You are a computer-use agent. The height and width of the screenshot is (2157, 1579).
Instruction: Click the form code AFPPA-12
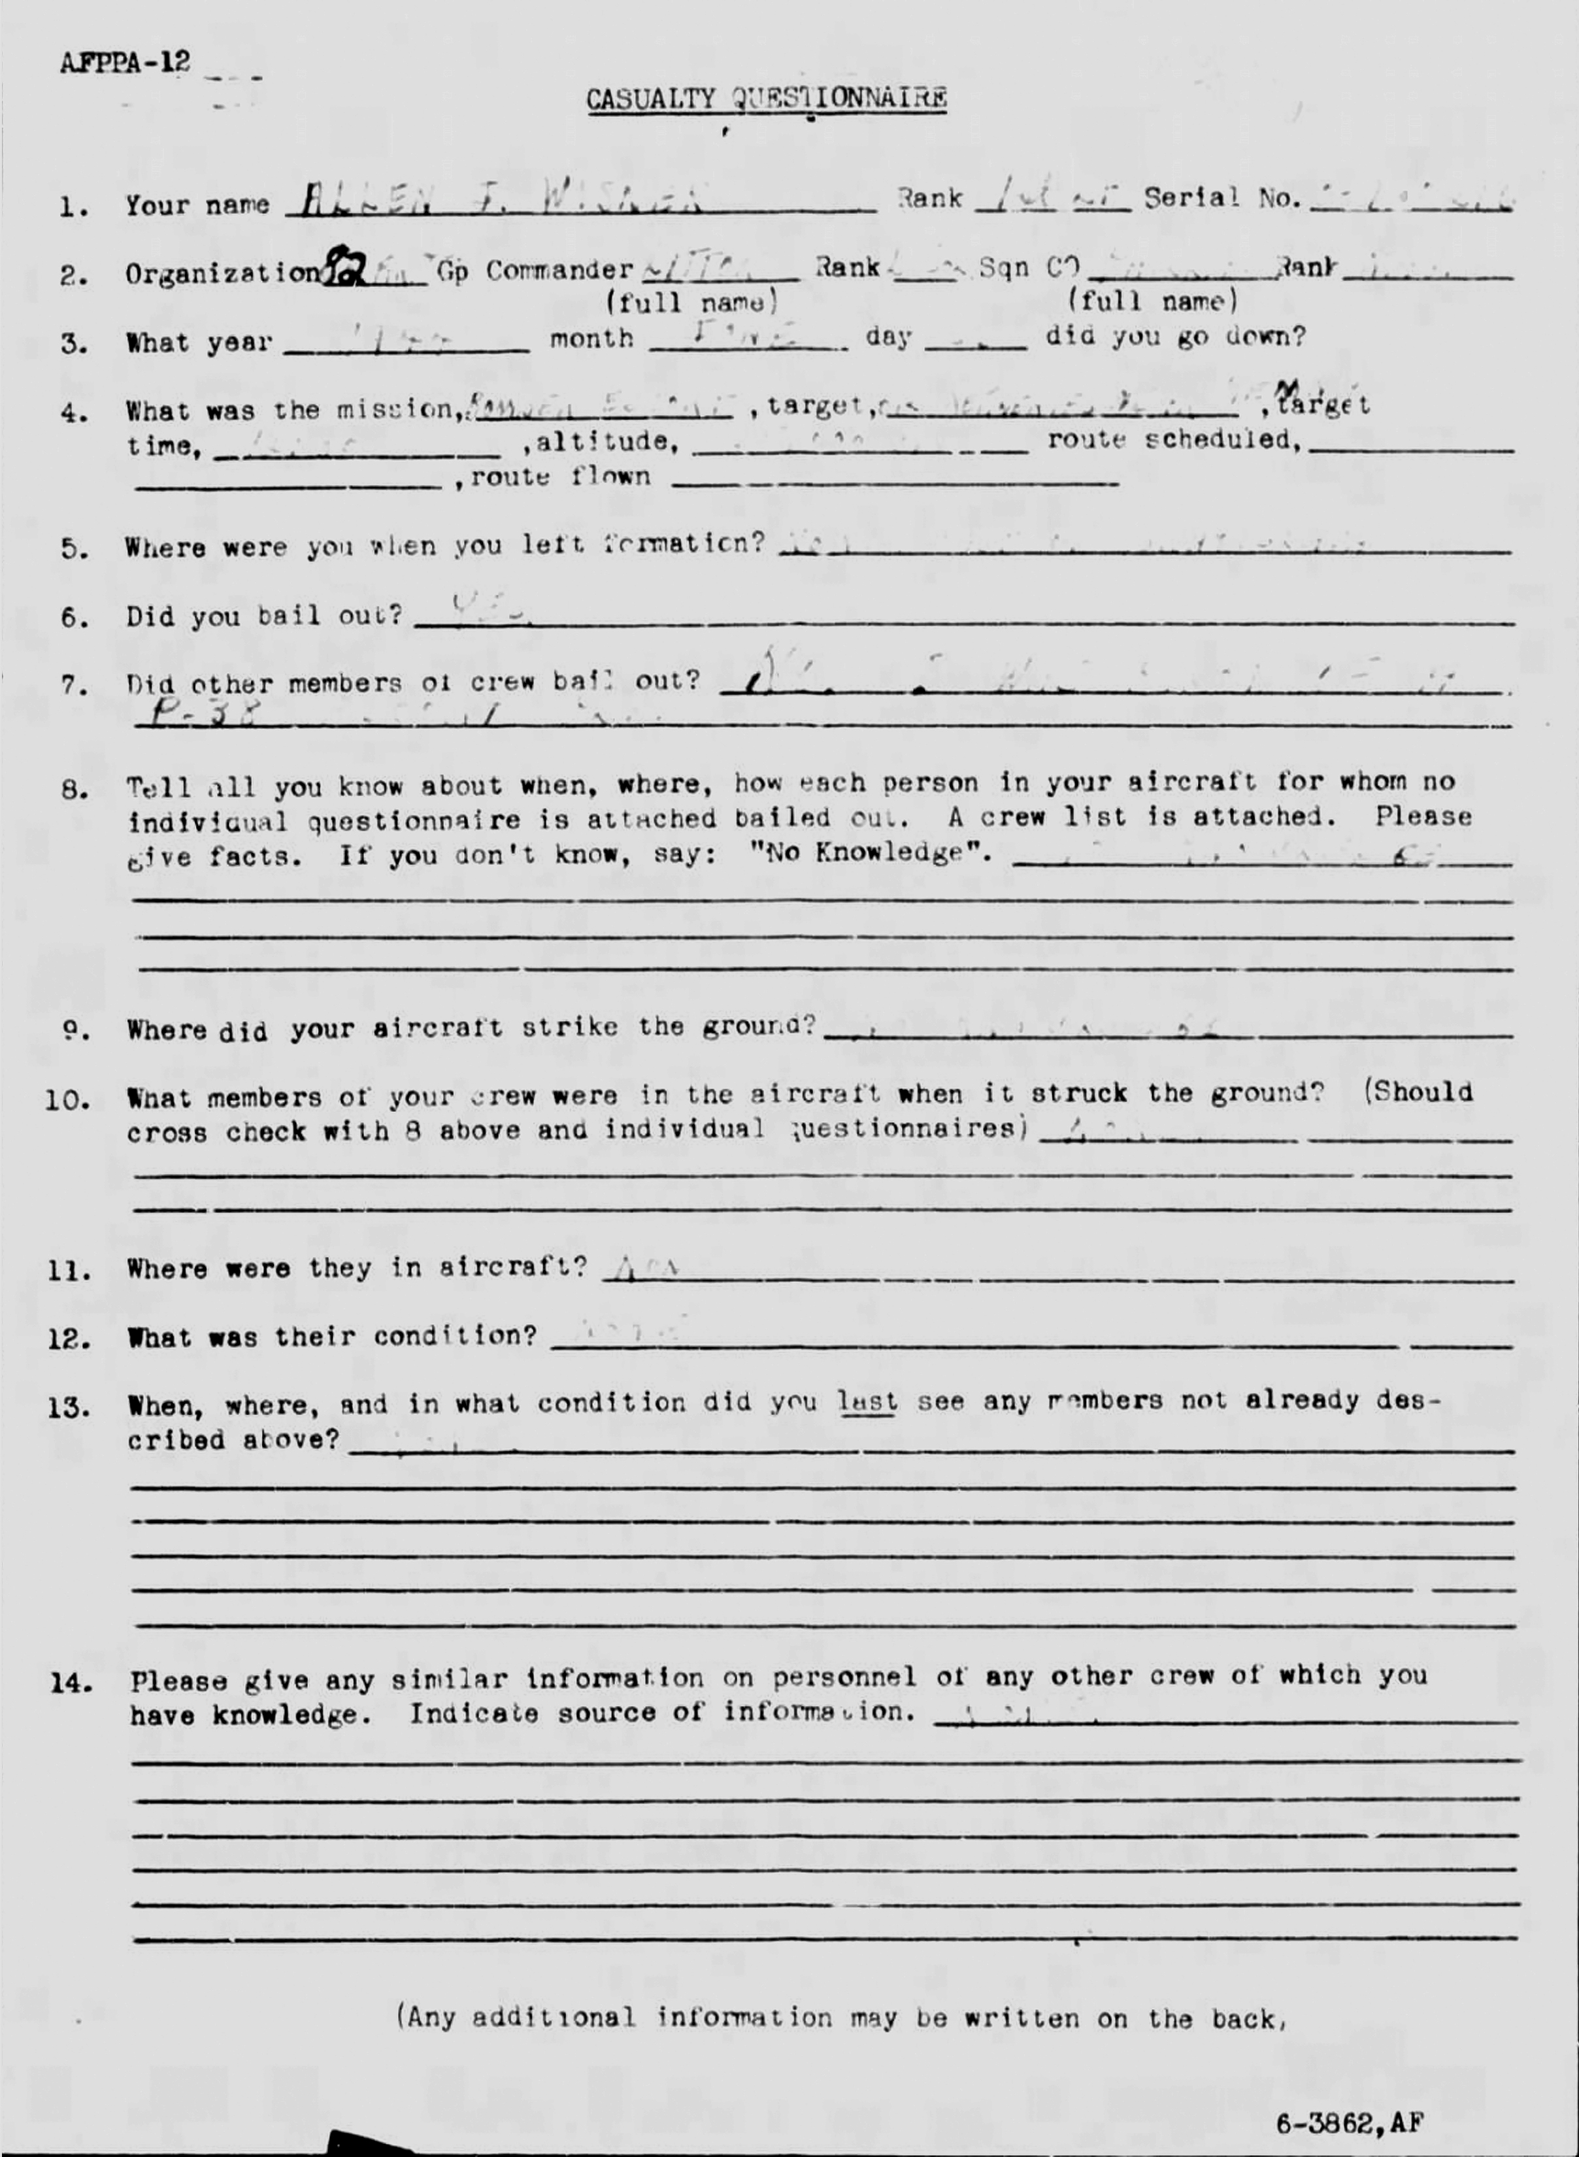(x=124, y=62)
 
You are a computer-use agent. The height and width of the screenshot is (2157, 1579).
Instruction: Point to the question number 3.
(x=73, y=343)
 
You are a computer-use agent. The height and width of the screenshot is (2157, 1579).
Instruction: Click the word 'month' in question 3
(x=591, y=339)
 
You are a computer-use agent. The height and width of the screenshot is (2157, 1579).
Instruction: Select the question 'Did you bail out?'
(x=264, y=616)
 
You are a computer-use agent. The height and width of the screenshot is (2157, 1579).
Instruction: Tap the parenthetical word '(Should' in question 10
(x=1418, y=1092)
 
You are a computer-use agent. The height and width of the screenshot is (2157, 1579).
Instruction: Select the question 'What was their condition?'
(x=331, y=1335)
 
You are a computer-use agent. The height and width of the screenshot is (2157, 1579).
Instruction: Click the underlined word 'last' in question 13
(x=866, y=1402)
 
